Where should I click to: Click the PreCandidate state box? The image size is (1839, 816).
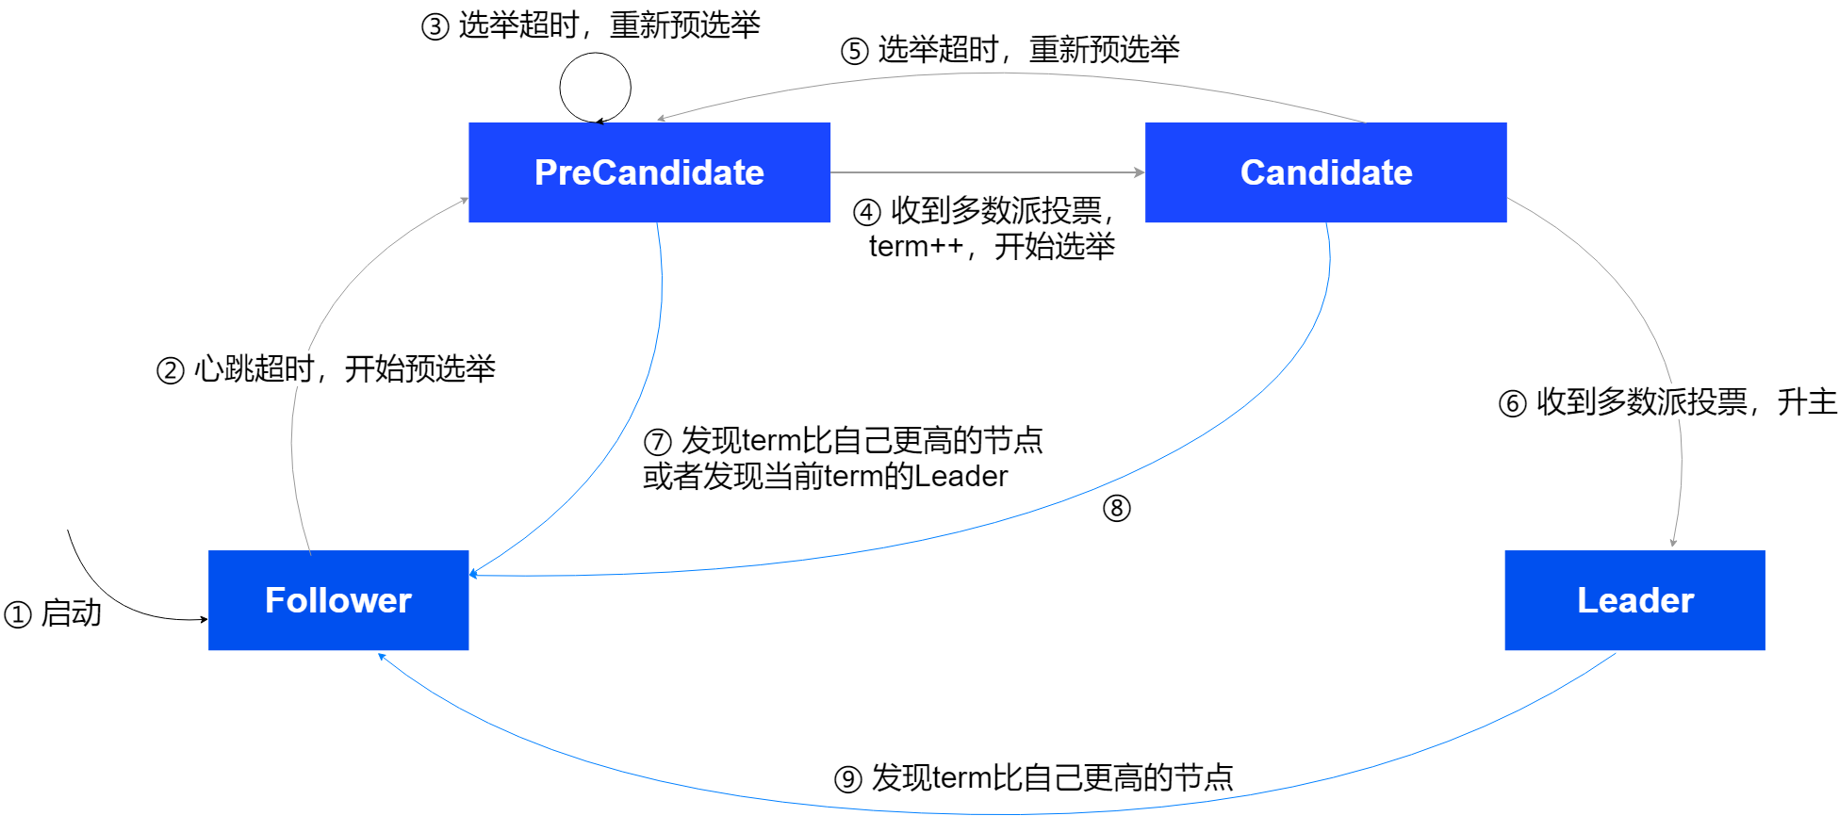coord(649,172)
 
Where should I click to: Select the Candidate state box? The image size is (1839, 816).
coord(1325,172)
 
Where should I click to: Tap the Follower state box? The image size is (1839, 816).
coord(337,600)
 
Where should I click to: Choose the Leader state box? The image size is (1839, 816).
coord(1634,600)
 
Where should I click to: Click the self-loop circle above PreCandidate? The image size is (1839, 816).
coord(595,88)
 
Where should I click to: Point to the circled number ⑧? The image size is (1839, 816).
coord(1116,509)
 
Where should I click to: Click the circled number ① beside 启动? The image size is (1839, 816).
coord(18,615)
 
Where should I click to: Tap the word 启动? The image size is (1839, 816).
coord(72,613)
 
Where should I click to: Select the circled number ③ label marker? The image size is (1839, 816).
coord(435,27)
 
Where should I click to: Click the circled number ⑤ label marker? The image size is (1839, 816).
coord(854,51)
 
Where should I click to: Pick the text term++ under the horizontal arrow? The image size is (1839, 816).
coord(915,247)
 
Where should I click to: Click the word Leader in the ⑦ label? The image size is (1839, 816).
coord(961,477)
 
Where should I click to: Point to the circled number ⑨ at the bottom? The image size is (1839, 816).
coord(848,780)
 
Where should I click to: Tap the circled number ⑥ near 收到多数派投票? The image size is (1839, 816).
coord(1512,404)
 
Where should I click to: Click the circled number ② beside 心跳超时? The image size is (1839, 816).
coord(170,370)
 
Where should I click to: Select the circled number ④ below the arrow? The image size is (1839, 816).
coord(866,213)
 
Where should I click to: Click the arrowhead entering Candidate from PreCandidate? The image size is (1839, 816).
coord(1140,172)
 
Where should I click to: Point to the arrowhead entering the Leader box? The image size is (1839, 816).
coord(1673,543)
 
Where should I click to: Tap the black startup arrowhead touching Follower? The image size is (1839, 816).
coord(204,619)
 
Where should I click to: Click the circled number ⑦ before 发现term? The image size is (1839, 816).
coord(657,442)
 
